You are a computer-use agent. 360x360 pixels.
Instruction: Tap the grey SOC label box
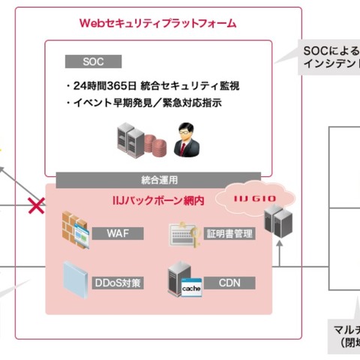pyautogui.click(x=92, y=61)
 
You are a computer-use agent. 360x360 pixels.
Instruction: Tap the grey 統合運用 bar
pyautogui.click(x=160, y=180)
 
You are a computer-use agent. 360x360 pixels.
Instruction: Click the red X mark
pyautogui.click(x=36, y=205)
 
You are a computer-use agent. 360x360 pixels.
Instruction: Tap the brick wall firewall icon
pyautogui.click(x=75, y=225)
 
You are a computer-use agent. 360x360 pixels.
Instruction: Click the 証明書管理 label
pyautogui.click(x=229, y=233)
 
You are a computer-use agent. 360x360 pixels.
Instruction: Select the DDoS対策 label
pyautogui.click(x=117, y=283)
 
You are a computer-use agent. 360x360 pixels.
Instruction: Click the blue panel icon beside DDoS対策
pyautogui.click(x=74, y=277)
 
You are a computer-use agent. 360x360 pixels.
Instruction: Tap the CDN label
pyautogui.click(x=229, y=283)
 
